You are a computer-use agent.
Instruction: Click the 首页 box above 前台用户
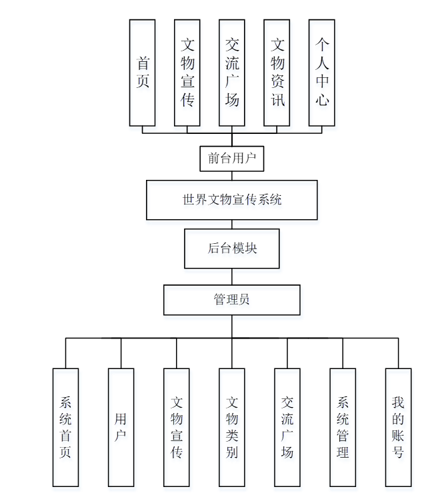click(143, 73)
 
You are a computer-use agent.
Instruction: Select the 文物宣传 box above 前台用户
click(187, 73)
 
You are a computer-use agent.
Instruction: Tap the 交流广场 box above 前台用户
click(232, 73)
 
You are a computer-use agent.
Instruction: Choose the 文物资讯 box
click(277, 73)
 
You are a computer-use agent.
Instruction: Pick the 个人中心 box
click(322, 73)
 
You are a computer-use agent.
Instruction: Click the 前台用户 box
click(232, 159)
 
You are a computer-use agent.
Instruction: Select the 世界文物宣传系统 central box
click(232, 199)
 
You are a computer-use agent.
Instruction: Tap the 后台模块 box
click(232, 248)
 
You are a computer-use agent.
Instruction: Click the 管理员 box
click(232, 300)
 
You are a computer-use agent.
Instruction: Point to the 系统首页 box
click(66, 427)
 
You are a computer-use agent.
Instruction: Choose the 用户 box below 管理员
click(121, 427)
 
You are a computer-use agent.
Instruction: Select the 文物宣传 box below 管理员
click(177, 427)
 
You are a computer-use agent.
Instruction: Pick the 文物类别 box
click(232, 427)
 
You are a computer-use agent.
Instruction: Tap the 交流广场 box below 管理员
click(287, 427)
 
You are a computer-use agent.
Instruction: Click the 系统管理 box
click(343, 427)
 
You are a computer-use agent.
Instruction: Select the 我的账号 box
click(398, 427)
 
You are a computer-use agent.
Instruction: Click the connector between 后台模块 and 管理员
click(232, 276)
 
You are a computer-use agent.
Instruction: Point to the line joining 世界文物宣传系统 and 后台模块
click(232, 225)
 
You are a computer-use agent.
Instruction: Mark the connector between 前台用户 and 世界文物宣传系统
click(232, 176)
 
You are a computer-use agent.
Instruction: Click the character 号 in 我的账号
click(398, 453)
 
